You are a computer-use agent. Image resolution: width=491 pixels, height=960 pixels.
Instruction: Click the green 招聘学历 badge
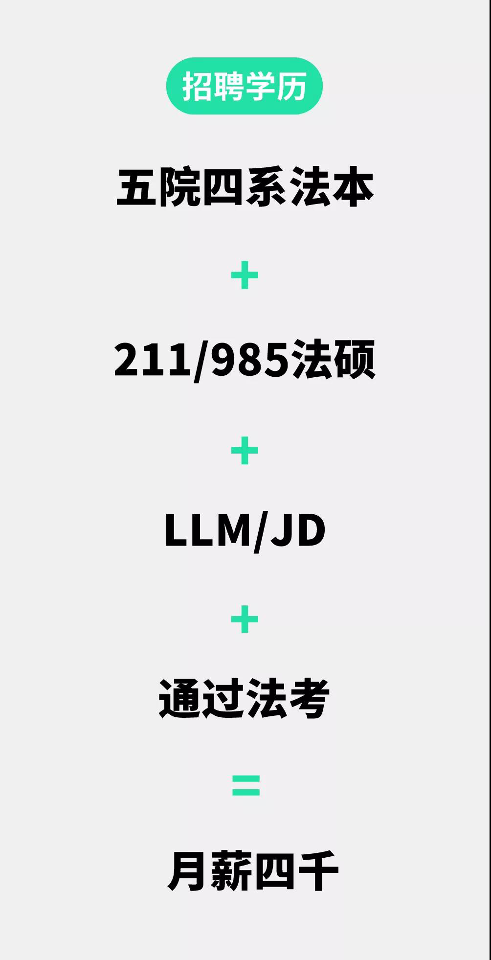(x=245, y=86)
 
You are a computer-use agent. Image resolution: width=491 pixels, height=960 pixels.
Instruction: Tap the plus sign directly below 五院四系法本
(x=245, y=275)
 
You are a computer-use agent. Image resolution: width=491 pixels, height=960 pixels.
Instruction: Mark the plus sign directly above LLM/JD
(x=245, y=451)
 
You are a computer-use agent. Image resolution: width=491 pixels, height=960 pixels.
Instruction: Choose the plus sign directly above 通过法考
(x=245, y=619)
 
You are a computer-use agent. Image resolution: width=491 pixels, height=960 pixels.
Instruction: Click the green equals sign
(x=245, y=785)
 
